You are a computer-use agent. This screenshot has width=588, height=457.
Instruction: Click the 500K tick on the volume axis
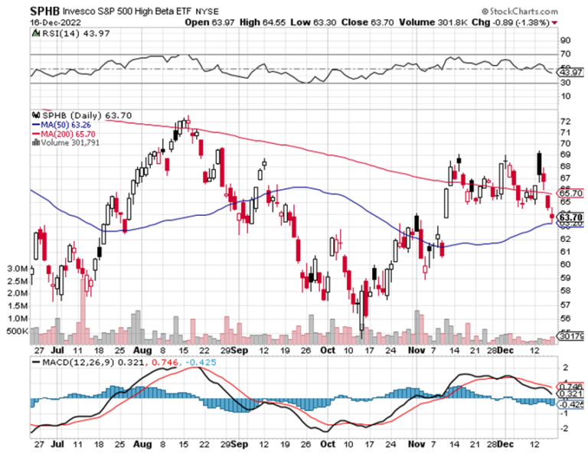pos(19,331)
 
